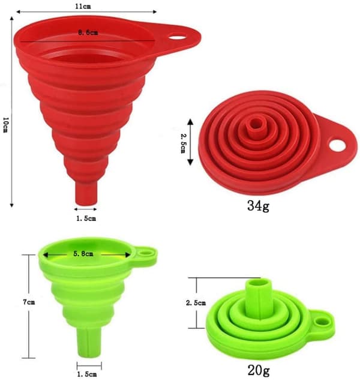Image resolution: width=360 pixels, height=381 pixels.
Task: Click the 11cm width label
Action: tap(83, 6)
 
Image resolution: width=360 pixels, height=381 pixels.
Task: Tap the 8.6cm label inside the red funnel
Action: tap(88, 32)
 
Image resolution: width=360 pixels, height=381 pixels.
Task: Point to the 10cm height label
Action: tap(5, 125)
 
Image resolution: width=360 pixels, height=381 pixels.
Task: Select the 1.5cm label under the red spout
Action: tap(86, 218)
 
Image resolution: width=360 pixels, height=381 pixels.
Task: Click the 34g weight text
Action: tap(258, 206)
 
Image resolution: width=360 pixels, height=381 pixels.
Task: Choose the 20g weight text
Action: tap(259, 370)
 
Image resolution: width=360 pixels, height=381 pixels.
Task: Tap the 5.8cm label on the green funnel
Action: tap(83, 254)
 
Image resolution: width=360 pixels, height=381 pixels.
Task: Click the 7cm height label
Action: tap(29, 302)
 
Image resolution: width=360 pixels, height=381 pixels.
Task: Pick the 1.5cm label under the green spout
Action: tap(87, 374)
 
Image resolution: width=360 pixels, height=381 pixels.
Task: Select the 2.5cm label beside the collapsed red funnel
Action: tap(183, 143)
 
